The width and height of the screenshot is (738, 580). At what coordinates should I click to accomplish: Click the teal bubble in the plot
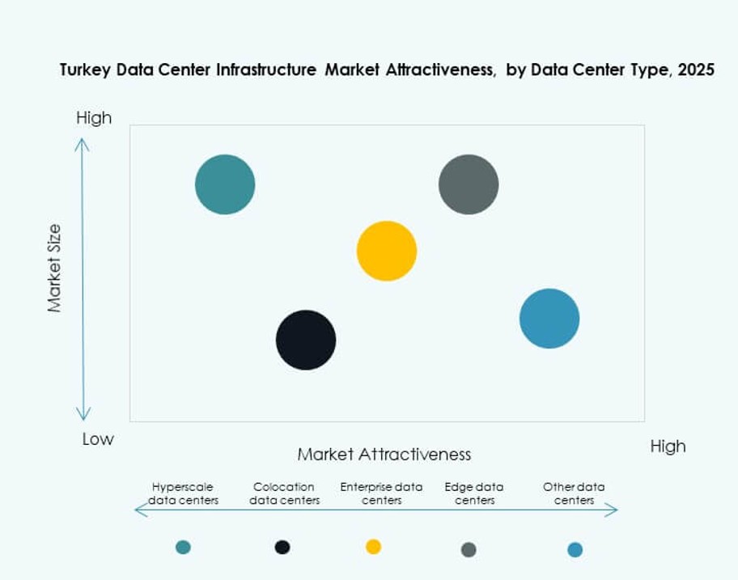pyautogui.click(x=225, y=184)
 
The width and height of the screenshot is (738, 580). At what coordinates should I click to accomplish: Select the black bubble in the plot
pyautogui.click(x=306, y=340)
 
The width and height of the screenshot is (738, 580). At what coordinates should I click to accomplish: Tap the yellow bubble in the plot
pyautogui.click(x=387, y=251)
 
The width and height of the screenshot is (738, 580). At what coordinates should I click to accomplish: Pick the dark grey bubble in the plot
pyautogui.click(x=469, y=184)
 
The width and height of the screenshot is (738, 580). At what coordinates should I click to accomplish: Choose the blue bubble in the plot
pyautogui.click(x=549, y=319)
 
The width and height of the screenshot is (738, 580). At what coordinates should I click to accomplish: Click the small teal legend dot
pyautogui.click(x=183, y=547)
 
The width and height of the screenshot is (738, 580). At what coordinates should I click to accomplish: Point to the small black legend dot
pyautogui.click(x=282, y=547)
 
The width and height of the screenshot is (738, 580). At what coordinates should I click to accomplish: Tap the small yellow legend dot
pyautogui.click(x=373, y=547)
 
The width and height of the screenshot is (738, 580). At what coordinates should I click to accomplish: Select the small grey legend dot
pyautogui.click(x=469, y=550)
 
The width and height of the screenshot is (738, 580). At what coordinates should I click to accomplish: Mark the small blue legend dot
pyautogui.click(x=575, y=550)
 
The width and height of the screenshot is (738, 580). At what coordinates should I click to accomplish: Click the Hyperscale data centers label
pyautogui.click(x=183, y=493)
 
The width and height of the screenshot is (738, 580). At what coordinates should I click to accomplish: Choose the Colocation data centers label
pyautogui.click(x=284, y=493)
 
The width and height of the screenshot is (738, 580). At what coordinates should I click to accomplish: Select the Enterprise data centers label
pyautogui.click(x=381, y=493)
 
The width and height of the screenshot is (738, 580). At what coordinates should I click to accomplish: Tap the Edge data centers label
pyautogui.click(x=474, y=493)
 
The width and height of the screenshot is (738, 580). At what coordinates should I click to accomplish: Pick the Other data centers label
pyautogui.click(x=574, y=493)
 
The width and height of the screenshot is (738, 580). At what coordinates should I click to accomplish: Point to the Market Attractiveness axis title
pyautogui.click(x=384, y=454)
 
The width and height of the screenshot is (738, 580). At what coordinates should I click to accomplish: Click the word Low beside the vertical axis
pyautogui.click(x=98, y=439)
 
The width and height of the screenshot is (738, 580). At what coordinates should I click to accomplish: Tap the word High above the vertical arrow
pyautogui.click(x=94, y=118)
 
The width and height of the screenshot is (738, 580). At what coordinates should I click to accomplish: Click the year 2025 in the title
pyautogui.click(x=696, y=70)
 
